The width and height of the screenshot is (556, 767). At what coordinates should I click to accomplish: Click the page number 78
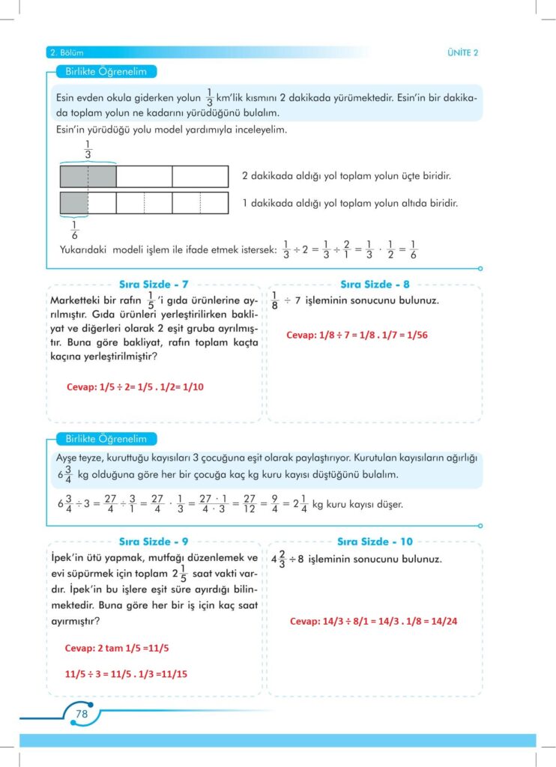pos(82,714)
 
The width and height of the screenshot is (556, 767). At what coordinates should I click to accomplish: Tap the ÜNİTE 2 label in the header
pos(462,52)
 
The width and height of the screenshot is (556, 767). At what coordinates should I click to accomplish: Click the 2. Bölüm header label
pos(65,52)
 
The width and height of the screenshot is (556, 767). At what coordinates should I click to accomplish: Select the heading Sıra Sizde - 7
pos(154,285)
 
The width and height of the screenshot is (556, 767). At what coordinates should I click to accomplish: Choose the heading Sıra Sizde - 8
pos(375,285)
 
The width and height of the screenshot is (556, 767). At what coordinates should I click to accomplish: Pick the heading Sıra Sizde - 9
pos(154,541)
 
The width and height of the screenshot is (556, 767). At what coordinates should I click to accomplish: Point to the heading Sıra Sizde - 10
pos(375,541)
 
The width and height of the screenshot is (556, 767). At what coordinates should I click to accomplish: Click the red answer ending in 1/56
pos(357,335)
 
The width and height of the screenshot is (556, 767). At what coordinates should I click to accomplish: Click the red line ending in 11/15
pos(127,673)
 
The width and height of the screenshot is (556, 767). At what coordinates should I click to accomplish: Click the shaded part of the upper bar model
pos(88,177)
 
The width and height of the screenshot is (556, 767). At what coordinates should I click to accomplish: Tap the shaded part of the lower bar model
pos(74,203)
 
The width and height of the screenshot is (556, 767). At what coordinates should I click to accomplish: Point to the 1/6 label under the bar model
pos(74,230)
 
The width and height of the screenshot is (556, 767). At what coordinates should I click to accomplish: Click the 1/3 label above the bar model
pos(88,149)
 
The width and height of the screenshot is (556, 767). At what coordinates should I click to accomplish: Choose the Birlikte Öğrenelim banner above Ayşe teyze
pos(100,439)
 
